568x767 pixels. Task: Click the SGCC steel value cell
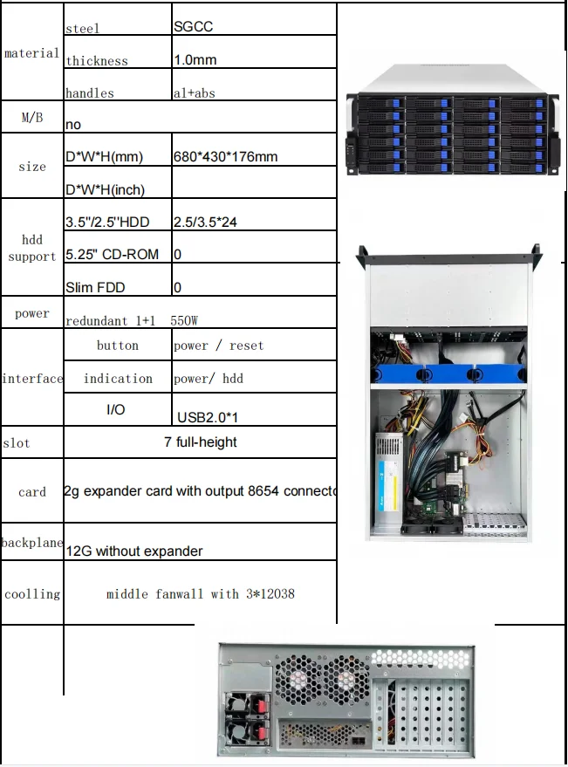(193, 26)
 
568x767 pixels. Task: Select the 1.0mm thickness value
(195, 60)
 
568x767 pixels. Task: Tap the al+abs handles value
(193, 92)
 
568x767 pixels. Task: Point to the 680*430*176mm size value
(225, 157)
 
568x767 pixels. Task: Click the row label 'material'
(32, 53)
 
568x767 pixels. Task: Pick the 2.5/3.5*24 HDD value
(205, 223)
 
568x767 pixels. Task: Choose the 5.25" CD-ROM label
(112, 255)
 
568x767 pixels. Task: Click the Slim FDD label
(95, 287)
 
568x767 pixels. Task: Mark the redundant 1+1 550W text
(130, 320)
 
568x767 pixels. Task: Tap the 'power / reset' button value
(218, 346)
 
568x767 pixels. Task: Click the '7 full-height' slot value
(200, 442)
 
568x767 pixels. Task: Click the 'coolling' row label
(32, 594)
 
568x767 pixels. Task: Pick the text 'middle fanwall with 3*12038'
(200, 594)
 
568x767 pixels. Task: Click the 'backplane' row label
(32, 543)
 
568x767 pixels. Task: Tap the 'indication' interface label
(118, 379)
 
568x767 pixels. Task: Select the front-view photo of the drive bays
(450, 134)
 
